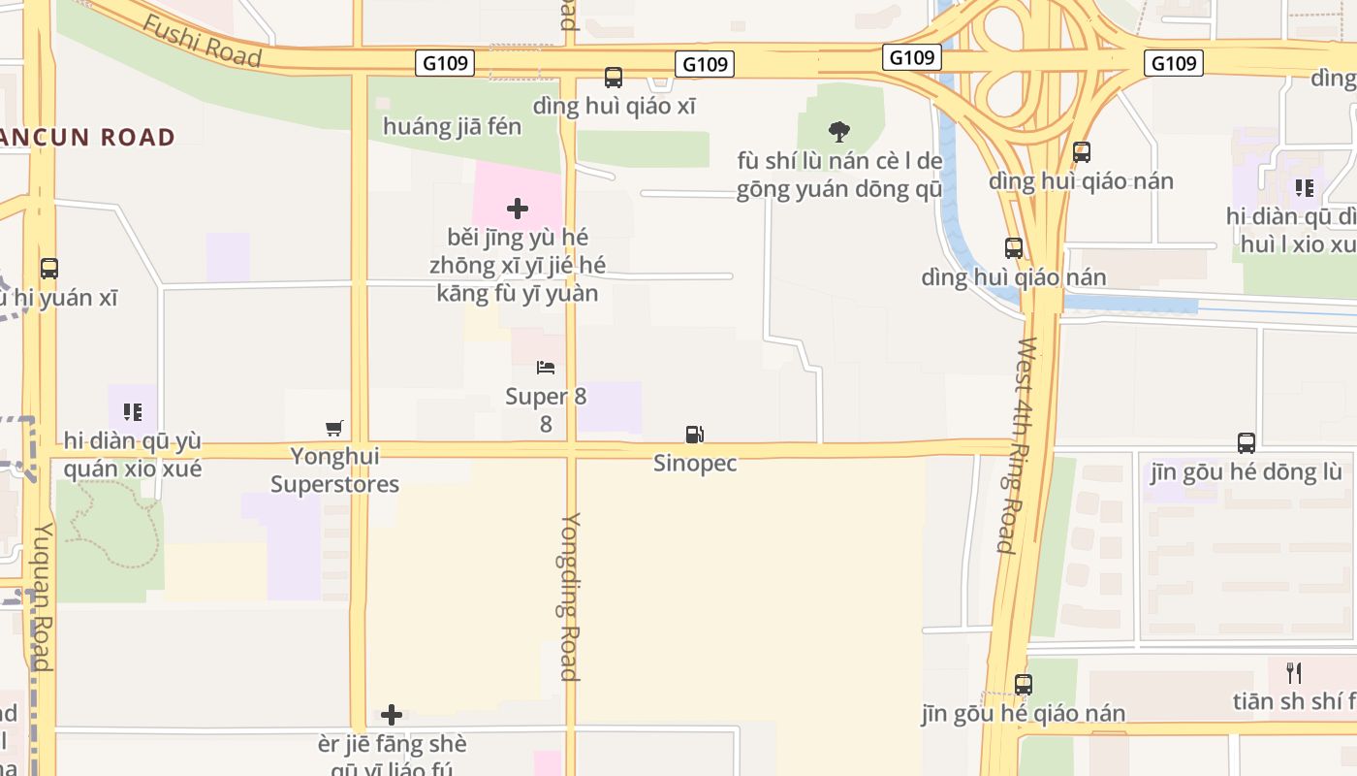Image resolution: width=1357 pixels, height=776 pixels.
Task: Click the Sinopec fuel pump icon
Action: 694,435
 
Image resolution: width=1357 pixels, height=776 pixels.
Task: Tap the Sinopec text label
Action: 695,464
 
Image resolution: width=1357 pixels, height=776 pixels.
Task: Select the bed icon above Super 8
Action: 546,368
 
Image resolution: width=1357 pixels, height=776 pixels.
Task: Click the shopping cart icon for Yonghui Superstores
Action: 334,428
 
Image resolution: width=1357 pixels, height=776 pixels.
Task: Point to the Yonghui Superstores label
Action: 334,469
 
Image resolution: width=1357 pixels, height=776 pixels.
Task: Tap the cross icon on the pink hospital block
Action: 518,208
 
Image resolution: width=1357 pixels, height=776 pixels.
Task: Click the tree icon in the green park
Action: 839,132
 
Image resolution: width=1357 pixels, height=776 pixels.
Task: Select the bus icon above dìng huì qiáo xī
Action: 614,78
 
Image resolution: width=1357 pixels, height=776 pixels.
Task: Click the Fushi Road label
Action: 203,41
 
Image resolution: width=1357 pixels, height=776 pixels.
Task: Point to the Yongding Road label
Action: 570,596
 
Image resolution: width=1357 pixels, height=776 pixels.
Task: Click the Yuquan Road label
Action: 43,596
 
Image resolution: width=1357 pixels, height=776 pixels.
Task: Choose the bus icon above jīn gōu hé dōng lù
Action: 1247,443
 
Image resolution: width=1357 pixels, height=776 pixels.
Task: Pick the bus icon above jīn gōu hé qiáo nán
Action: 1024,684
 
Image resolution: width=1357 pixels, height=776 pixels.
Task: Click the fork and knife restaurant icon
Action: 1294,672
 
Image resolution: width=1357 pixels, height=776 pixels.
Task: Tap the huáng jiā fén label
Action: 452,127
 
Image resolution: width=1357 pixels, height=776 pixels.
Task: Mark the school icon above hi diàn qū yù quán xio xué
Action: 133,412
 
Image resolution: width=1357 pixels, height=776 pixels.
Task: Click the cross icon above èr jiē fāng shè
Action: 392,715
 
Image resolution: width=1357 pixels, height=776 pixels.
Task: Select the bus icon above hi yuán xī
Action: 49,269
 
